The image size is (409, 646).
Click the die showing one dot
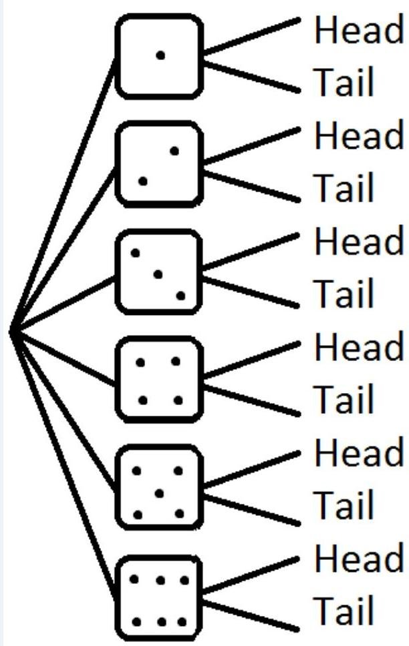pos(159,57)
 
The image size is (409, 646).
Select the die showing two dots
pos(159,164)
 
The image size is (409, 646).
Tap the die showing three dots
pos(159,272)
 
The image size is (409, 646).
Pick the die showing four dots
pos(159,380)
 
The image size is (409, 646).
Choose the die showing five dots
pos(159,492)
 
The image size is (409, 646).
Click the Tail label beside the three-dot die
pos(344,293)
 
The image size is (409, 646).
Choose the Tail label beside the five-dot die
pos(344,505)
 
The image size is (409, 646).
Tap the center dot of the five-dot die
pos(159,493)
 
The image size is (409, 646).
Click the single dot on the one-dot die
pos(160,55)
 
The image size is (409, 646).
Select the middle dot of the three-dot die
pos(158,274)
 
